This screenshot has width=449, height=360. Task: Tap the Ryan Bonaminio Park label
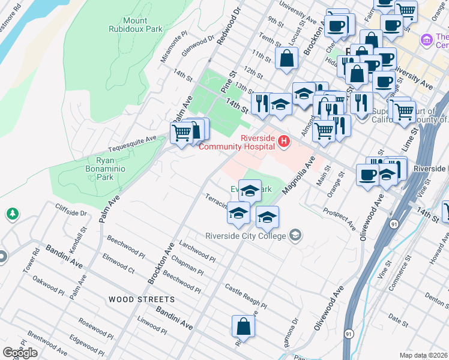pos(97,169)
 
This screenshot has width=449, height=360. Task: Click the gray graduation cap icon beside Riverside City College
pos(295,235)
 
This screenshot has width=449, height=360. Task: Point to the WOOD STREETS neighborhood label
pos(142,299)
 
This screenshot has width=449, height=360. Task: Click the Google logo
pos(20,353)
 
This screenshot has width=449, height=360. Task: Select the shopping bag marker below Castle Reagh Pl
pos(244,326)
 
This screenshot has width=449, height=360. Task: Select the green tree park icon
pos(11,214)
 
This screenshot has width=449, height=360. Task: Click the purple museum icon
pos(427,40)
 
